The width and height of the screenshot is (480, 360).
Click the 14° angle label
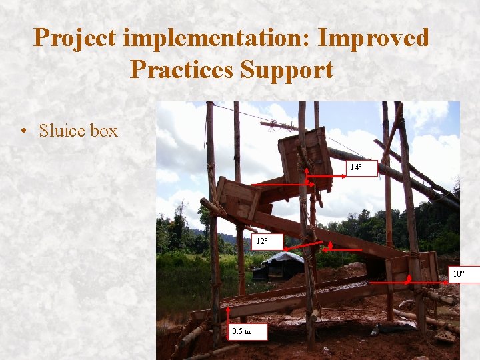361,168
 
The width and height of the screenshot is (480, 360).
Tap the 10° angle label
463,274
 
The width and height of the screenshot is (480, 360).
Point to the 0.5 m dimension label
247,331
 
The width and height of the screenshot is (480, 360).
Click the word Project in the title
75,38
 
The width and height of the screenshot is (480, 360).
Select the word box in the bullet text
104,131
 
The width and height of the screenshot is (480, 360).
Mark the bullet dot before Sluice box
25,131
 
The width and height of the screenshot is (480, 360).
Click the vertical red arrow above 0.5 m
228,317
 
